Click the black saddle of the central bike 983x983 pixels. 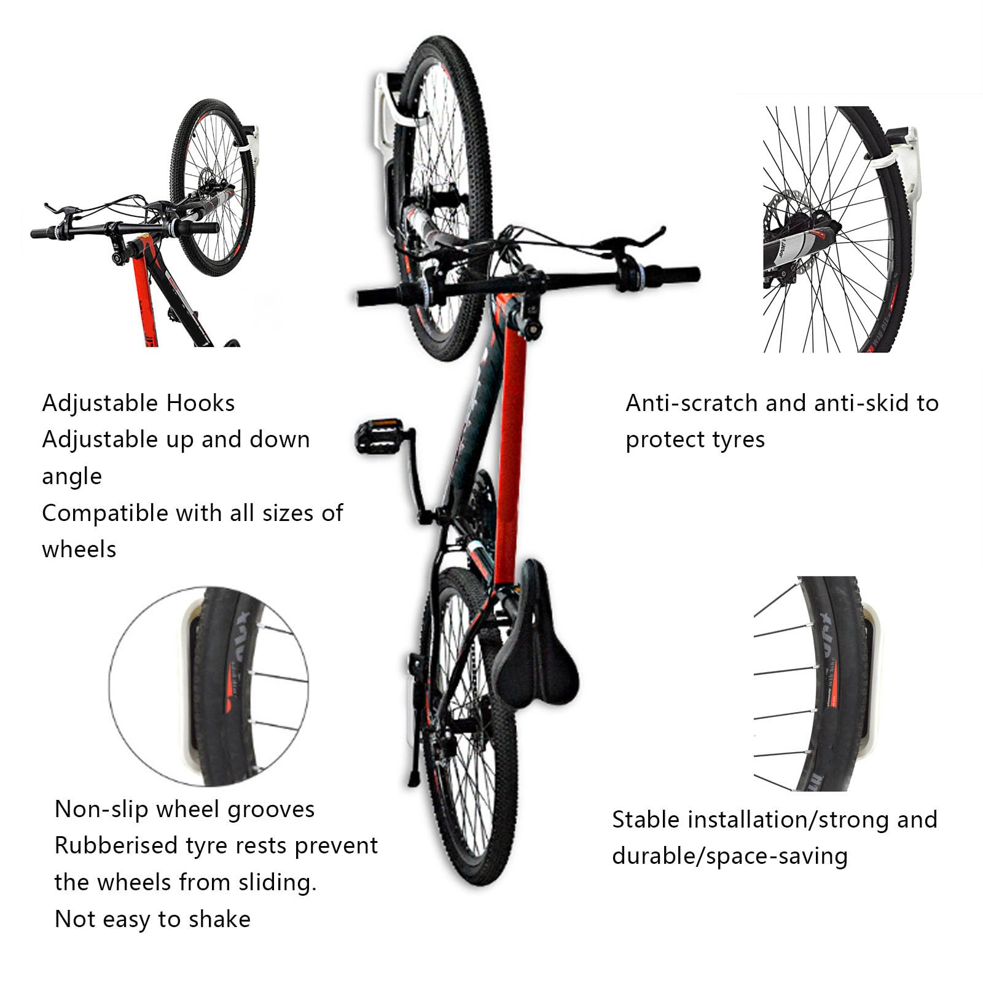click(536, 645)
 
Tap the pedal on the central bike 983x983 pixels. click(379, 436)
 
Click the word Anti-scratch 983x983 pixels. click(692, 404)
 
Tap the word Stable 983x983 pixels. click(646, 820)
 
